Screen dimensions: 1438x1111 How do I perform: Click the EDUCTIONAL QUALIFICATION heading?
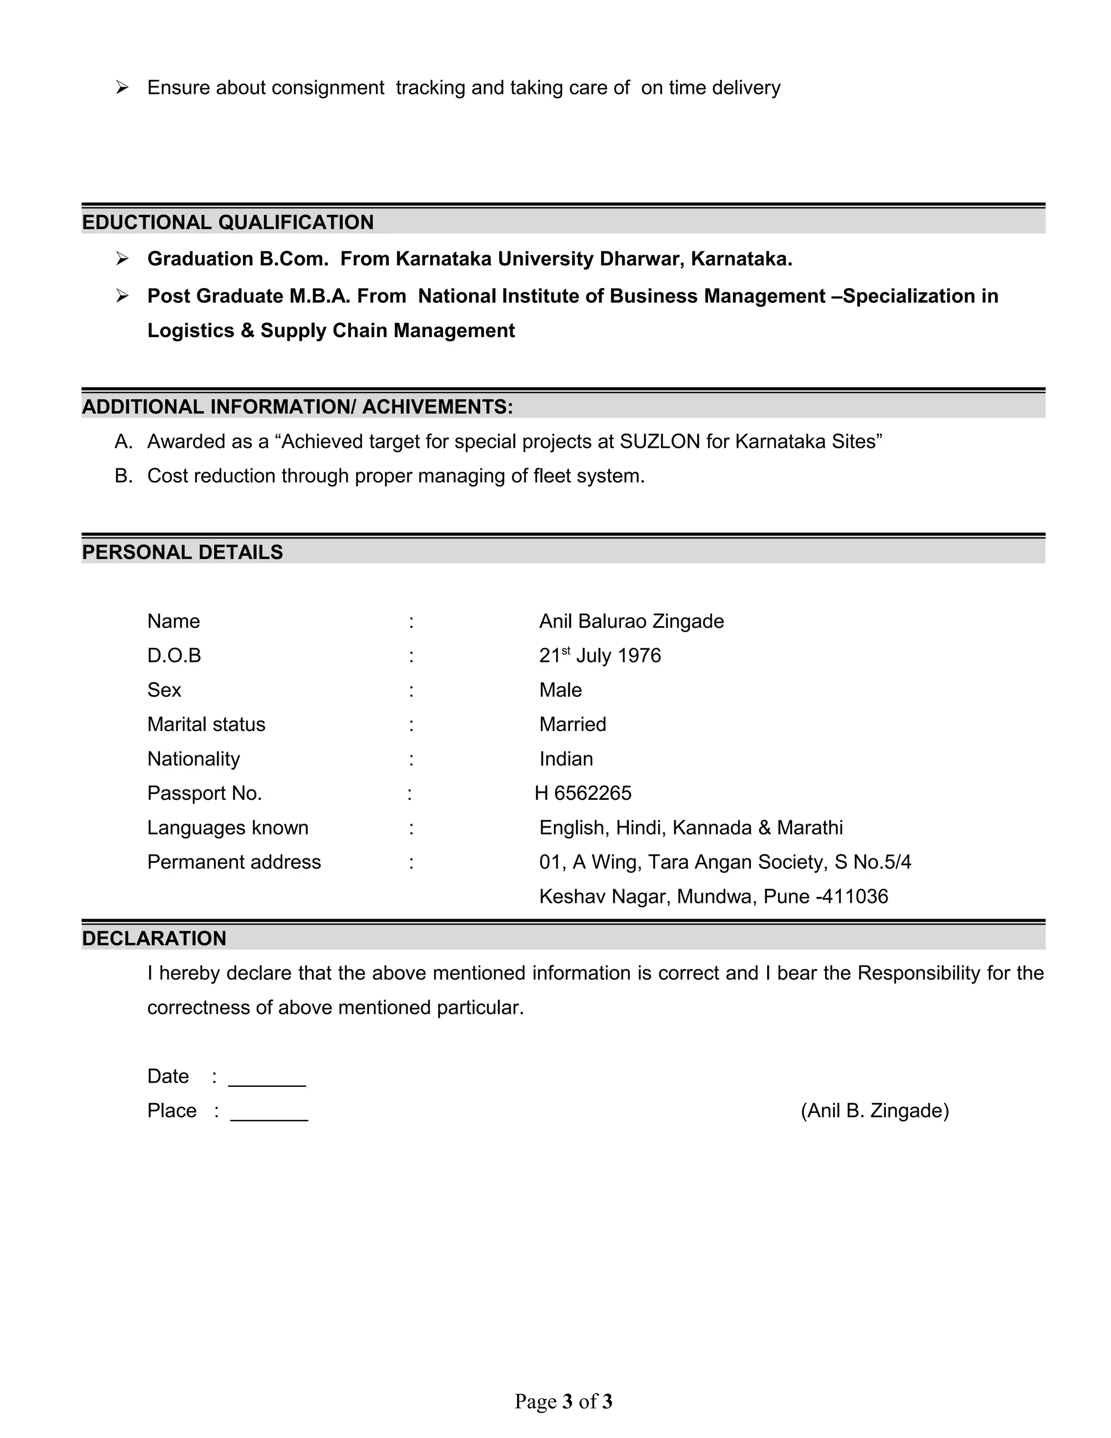point(227,222)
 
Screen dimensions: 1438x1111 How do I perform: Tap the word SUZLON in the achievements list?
point(660,441)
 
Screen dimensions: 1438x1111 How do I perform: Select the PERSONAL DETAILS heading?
point(182,552)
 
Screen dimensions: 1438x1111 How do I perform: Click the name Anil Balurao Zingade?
point(631,621)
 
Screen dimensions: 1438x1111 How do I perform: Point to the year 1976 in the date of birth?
point(639,656)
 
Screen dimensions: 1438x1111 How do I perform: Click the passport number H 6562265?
point(583,793)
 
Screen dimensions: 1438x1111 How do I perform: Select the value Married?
point(572,724)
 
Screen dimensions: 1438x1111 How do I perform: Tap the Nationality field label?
point(194,759)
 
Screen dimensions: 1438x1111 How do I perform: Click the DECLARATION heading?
point(154,938)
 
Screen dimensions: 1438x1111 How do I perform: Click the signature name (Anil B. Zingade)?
point(874,1111)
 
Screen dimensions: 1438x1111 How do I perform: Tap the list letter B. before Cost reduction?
point(123,475)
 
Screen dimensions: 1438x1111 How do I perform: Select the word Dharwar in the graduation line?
point(632,259)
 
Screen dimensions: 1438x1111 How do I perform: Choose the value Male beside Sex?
point(560,690)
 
